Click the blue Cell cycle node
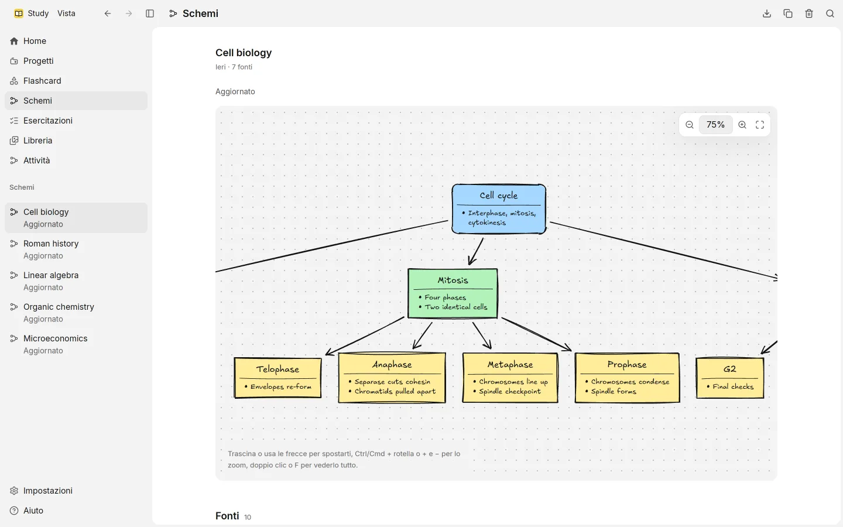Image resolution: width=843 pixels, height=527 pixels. (x=499, y=209)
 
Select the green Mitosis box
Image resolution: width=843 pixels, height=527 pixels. (x=453, y=293)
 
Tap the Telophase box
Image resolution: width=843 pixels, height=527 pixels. (x=277, y=378)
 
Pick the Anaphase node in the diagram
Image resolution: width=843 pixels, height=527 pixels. (x=392, y=378)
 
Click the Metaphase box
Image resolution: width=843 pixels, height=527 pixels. (x=510, y=378)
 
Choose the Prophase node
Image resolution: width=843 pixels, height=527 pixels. (x=627, y=378)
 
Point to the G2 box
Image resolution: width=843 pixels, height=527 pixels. (x=729, y=378)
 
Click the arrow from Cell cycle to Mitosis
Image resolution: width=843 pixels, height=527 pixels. (x=476, y=251)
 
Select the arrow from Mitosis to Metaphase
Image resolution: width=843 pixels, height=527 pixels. (x=482, y=336)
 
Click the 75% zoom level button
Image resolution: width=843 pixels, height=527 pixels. (x=715, y=125)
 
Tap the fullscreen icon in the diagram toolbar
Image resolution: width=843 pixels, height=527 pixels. (x=760, y=125)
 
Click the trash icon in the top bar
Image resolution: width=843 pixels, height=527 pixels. (x=809, y=13)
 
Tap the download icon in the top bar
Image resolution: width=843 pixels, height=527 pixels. (x=767, y=13)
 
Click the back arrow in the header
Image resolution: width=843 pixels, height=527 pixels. (x=108, y=13)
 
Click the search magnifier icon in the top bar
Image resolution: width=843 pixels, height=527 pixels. (x=830, y=13)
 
